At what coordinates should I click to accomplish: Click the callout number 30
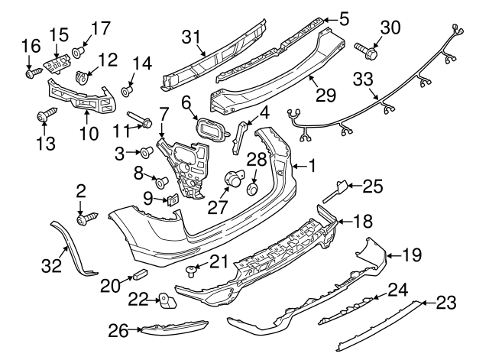pyautogui.click(x=390, y=28)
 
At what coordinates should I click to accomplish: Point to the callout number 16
pyautogui.click(x=30, y=45)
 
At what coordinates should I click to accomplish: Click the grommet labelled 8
pyautogui.click(x=161, y=182)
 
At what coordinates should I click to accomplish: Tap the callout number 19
pyautogui.click(x=413, y=255)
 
